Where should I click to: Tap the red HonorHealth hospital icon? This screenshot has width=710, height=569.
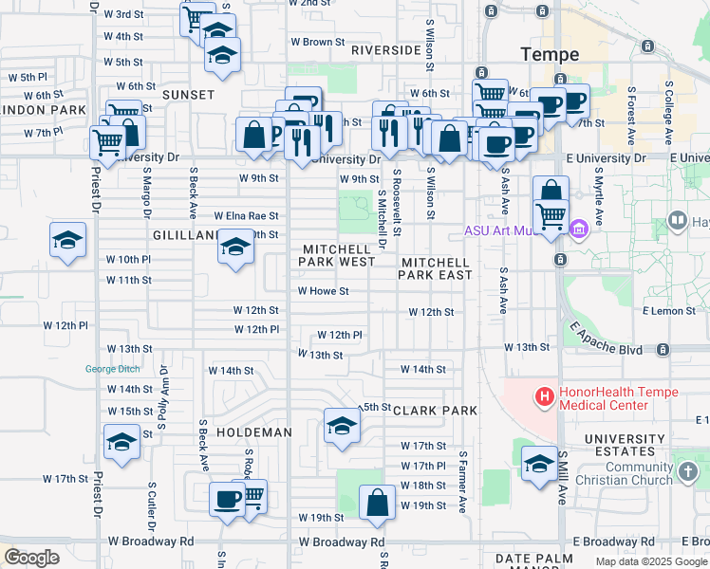(x=544, y=396)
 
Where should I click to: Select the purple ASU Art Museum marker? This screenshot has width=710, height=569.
(x=579, y=229)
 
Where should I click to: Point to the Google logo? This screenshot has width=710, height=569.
(x=31, y=558)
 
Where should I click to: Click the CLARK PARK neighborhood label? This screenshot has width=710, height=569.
(x=435, y=411)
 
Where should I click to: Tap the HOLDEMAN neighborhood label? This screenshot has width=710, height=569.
(x=254, y=431)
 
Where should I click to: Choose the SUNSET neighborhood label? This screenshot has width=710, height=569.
(x=188, y=95)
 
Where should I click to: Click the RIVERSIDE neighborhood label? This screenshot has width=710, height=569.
(x=385, y=49)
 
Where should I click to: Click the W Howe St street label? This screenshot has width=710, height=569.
(x=324, y=292)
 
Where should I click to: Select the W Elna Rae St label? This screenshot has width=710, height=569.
(x=246, y=216)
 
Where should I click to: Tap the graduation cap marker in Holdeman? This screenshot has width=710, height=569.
(x=342, y=425)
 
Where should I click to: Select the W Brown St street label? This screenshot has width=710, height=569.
(x=317, y=42)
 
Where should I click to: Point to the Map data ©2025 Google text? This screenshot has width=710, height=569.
(x=650, y=560)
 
